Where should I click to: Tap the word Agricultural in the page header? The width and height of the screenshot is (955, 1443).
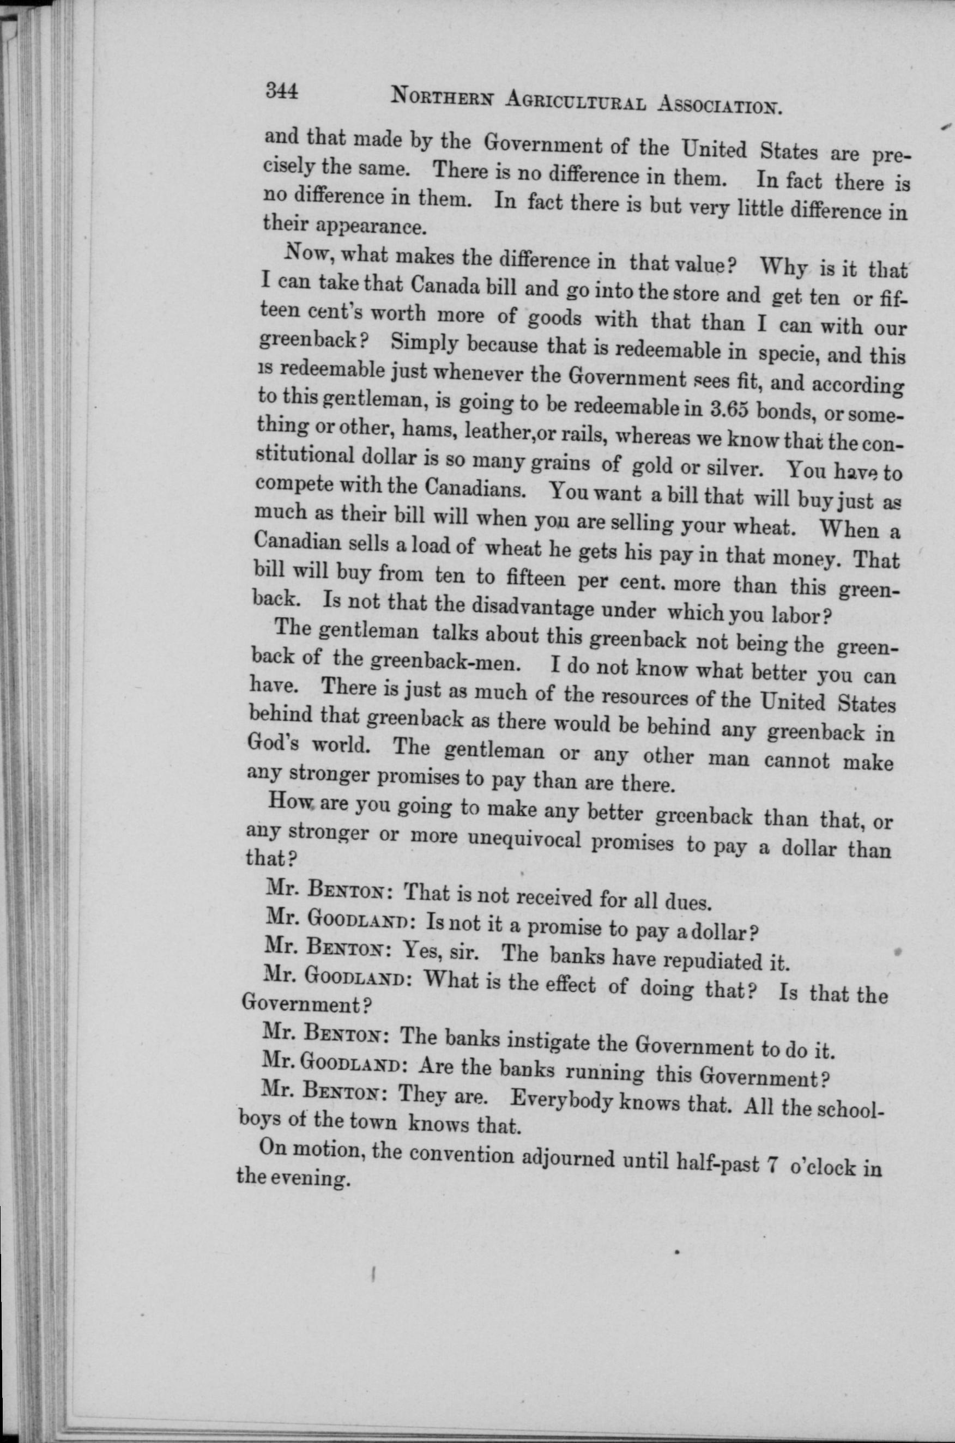575,102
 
